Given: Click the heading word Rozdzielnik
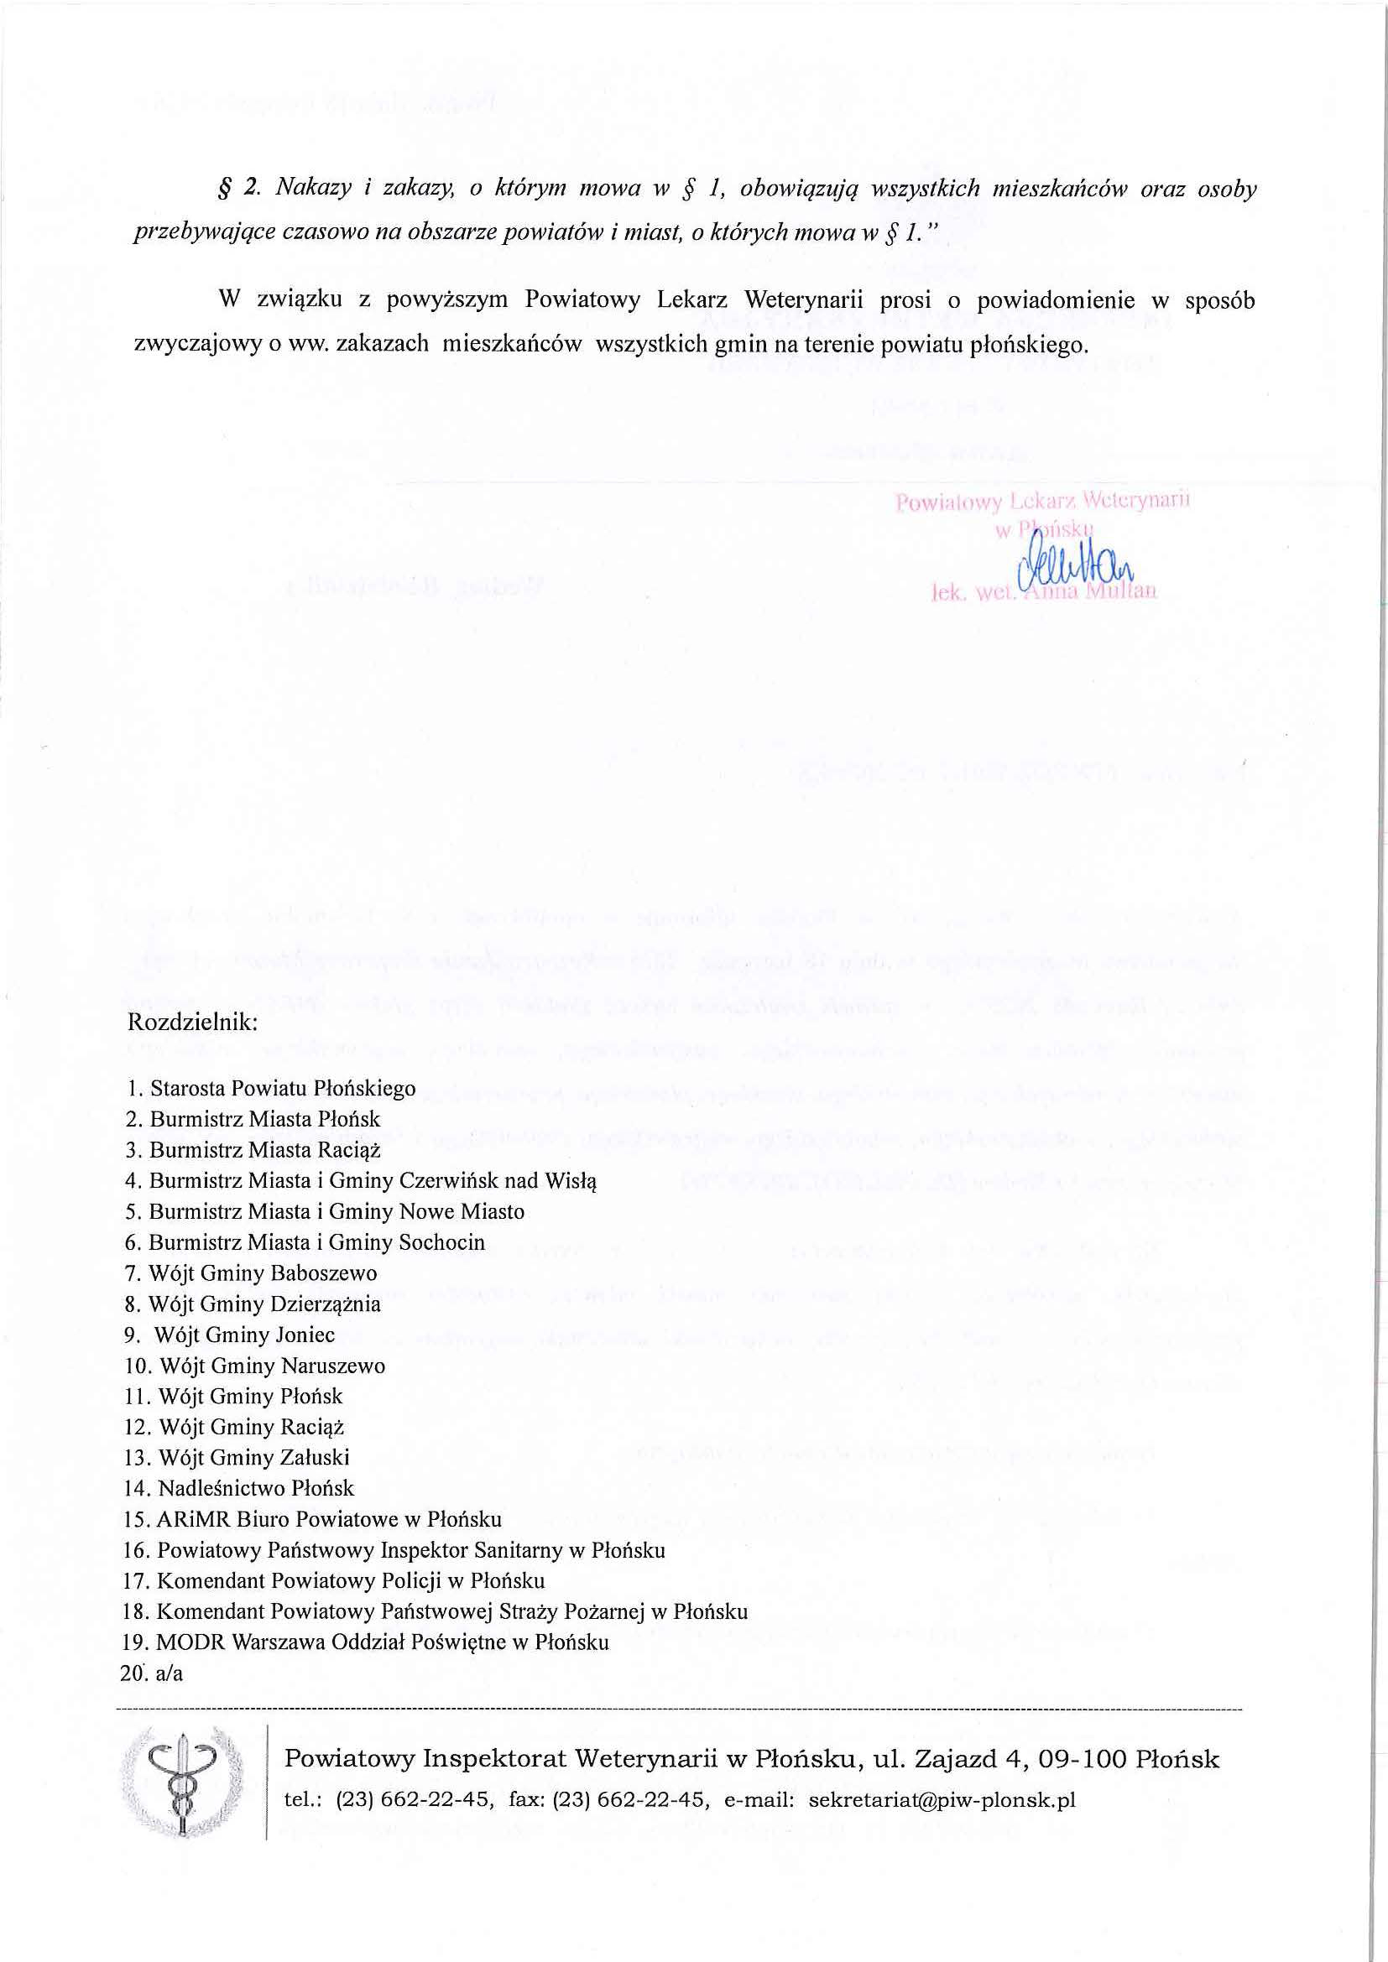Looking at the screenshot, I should (191, 1023).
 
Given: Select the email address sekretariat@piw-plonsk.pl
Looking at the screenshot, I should (941, 1800).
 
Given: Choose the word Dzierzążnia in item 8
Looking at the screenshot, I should (326, 1304).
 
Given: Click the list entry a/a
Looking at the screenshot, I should (170, 1673).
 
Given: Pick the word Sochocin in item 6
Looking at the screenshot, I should (442, 1242).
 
